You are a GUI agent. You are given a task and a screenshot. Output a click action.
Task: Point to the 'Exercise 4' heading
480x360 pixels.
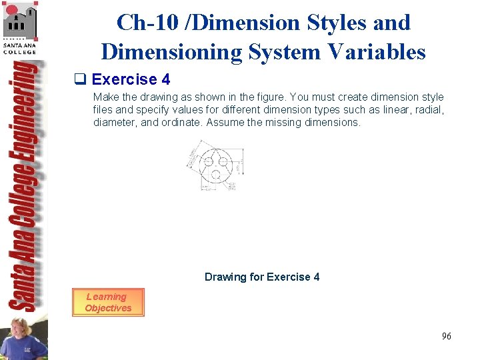[131, 80]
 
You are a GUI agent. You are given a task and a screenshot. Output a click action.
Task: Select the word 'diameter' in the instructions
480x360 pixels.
[111, 122]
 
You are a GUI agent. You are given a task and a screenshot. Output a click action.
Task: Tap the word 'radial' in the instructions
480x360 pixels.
[427, 109]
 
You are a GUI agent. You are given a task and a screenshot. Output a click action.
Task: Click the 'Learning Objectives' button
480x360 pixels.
[107, 302]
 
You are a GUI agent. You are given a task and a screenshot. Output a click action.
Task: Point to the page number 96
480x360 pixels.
[446, 336]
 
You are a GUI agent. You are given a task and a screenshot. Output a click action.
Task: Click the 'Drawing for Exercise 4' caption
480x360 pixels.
[262, 277]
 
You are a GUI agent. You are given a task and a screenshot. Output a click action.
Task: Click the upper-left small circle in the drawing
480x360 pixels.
[207, 161]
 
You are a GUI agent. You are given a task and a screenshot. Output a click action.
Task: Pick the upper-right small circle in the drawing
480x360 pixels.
[223, 161]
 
